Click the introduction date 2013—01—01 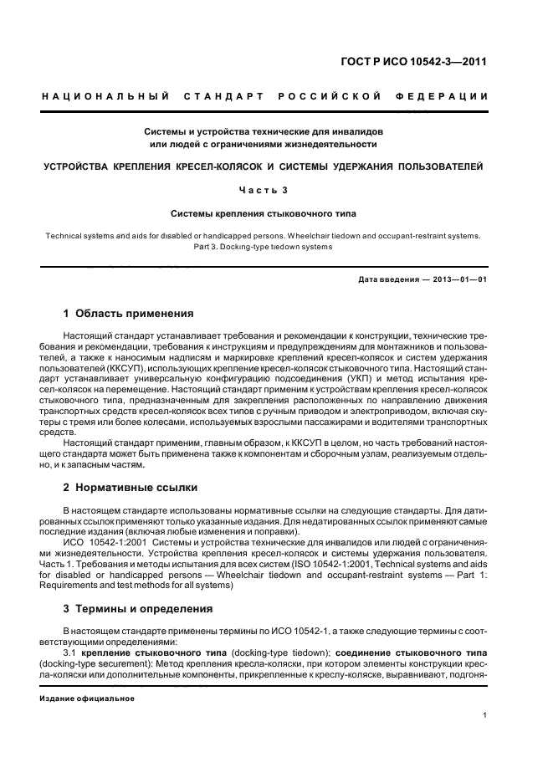click(x=458, y=279)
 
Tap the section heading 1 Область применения click(x=129, y=314)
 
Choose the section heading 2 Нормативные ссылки click(x=135, y=487)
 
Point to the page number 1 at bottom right click(x=485, y=714)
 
